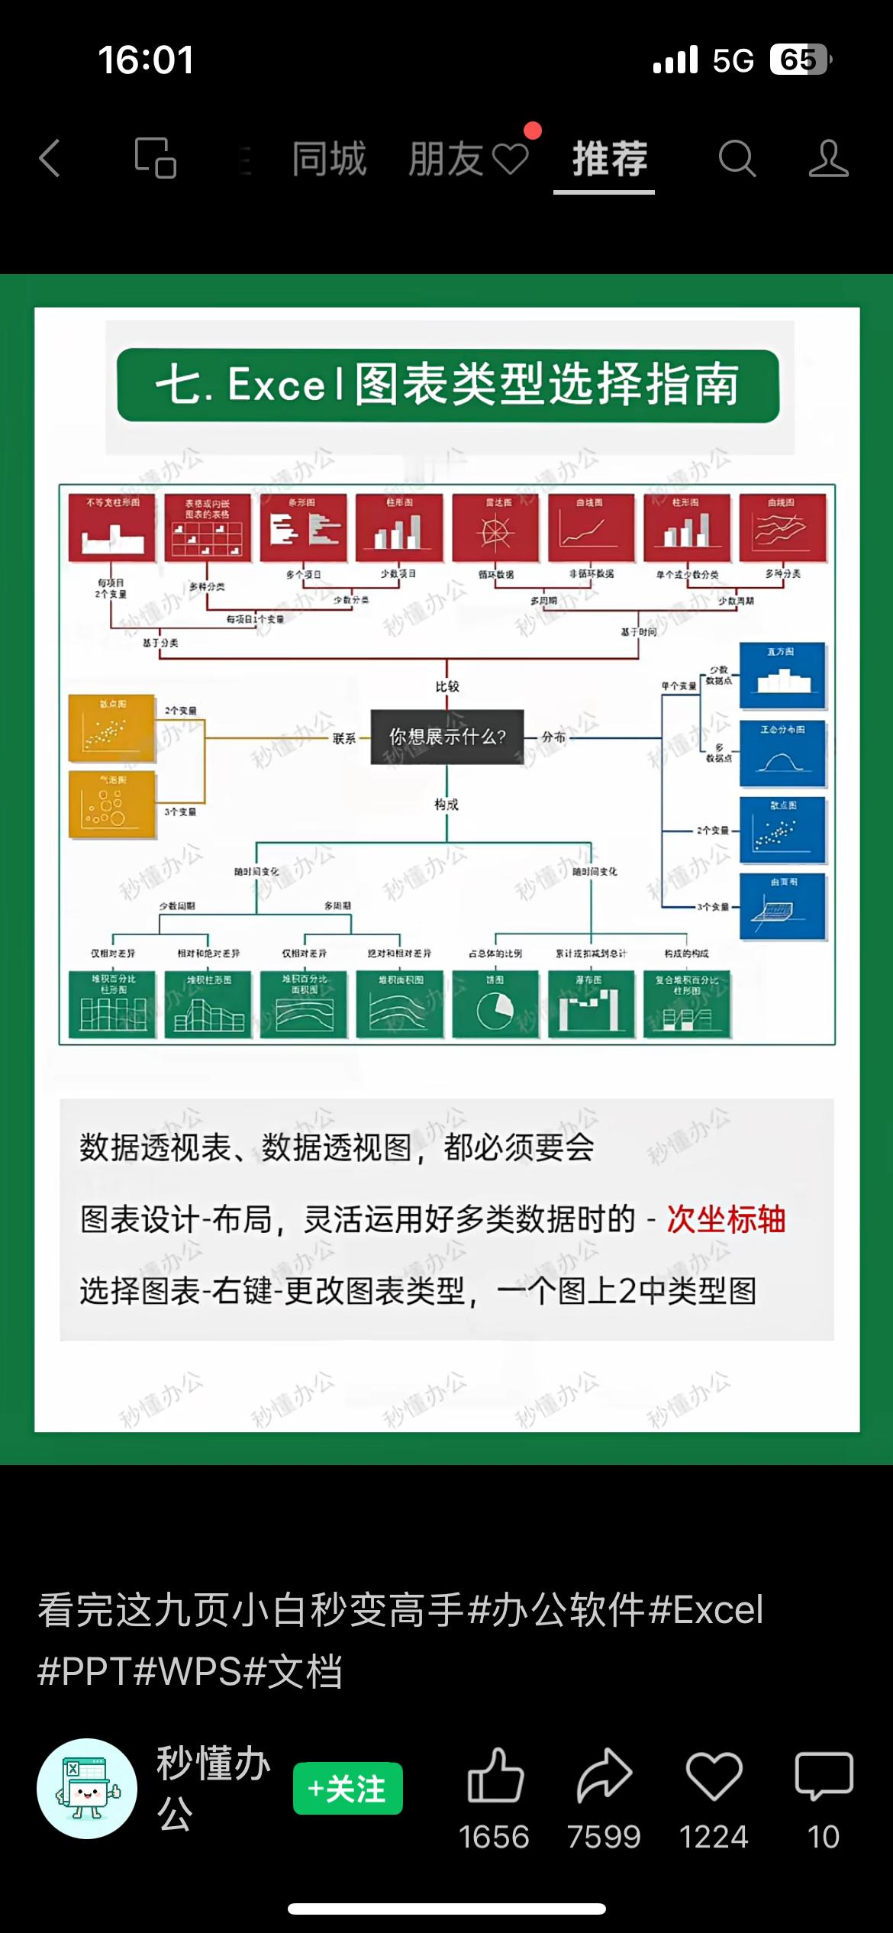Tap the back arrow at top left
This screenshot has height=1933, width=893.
point(50,159)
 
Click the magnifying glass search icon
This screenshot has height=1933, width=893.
point(737,159)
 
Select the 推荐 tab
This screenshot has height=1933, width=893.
point(609,160)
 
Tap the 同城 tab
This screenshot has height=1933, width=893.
point(329,160)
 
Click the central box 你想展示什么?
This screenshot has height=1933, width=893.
point(447,737)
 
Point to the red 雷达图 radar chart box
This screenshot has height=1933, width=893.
point(495,528)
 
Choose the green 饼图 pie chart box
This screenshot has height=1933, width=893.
point(495,1004)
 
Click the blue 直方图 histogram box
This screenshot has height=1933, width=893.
point(782,676)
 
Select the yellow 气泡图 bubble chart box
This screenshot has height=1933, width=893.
point(111,805)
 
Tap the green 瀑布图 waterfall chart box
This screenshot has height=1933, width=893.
point(592,1004)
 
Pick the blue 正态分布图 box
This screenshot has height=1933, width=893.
point(782,754)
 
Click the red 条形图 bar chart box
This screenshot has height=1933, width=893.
point(304,528)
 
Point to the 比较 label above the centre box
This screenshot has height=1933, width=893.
point(447,686)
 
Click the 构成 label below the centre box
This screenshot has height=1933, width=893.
point(446,805)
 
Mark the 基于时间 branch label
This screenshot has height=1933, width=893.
point(638,632)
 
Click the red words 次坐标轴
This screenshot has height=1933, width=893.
point(726,1219)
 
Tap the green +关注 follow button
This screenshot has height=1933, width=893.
point(348,1789)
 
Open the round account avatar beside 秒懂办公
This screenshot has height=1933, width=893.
point(87,1789)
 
